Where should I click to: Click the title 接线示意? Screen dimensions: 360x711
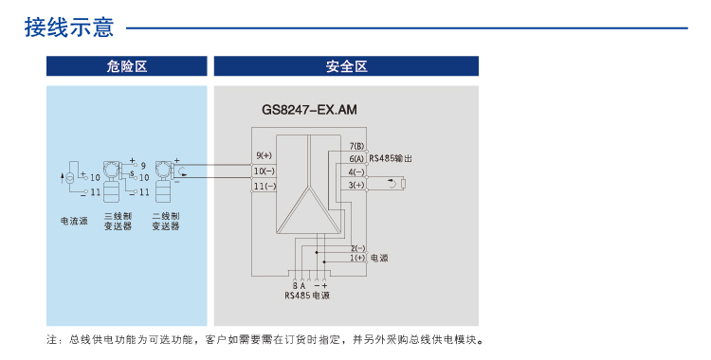click(x=69, y=27)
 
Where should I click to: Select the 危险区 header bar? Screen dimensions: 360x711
click(x=127, y=66)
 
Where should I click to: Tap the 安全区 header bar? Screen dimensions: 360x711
click(x=346, y=66)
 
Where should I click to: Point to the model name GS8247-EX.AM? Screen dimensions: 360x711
click(x=309, y=110)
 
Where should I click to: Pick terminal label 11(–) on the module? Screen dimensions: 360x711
click(x=264, y=187)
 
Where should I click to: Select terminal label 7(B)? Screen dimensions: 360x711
click(x=356, y=146)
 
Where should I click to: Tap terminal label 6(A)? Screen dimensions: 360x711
click(x=356, y=159)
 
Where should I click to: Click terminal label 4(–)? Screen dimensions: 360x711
click(x=356, y=172)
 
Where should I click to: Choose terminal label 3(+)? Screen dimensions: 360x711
click(x=356, y=186)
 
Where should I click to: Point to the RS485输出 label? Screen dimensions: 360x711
click(x=392, y=159)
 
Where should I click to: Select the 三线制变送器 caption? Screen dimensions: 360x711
click(x=118, y=222)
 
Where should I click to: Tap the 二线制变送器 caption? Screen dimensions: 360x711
click(x=165, y=222)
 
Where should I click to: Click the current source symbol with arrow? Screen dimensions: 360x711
click(x=67, y=178)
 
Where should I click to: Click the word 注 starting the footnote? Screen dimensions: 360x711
click(x=51, y=339)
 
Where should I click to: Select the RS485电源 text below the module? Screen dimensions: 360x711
click(x=307, y=296)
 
